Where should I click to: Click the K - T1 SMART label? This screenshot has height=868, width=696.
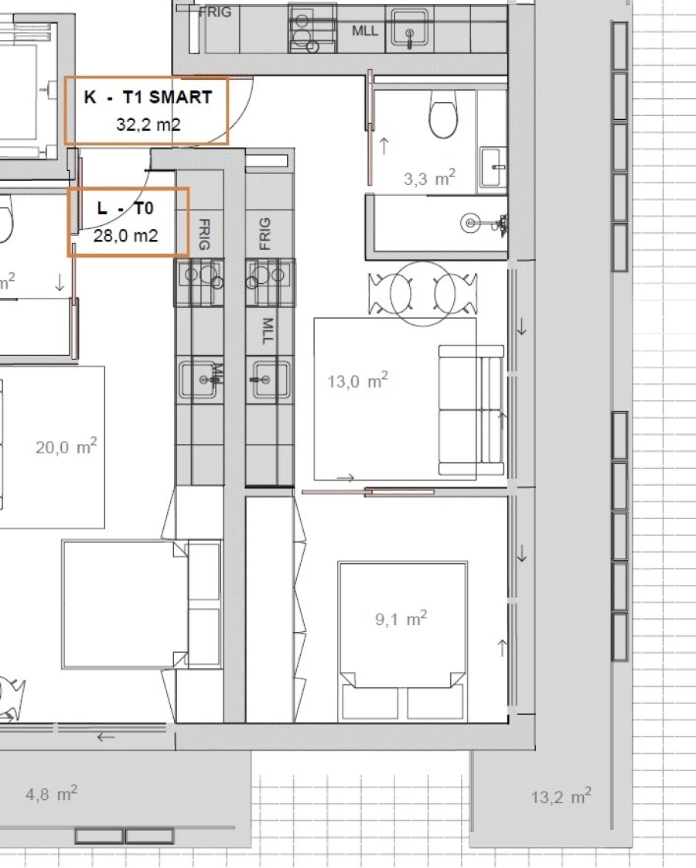pyautogui.click(x=148, y=97)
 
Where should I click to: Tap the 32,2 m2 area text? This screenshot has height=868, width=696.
pyautogui.click(x=148, y=125)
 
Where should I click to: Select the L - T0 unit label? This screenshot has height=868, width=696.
pyautogui.click(x=125, y=208)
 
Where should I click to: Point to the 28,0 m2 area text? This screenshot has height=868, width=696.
pyautogui.click(x=125, y=236)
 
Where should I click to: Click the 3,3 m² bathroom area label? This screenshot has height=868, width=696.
pyautogui.click(x=429, y=178)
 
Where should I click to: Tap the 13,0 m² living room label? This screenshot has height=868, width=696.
pyautogui.click(x=357, y=381)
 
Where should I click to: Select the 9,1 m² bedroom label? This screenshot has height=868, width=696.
pyautogui.click(x=401, y=618)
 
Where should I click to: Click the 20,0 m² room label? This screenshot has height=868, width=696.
pyautogui.click(x=66, y=446)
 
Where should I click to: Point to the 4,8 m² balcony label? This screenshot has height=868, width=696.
pyautogui.click(x=51, y=794)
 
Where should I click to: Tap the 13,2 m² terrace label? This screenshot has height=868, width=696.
pyautogui.click(x=561, y=797)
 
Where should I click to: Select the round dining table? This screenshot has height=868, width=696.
pyautogui.click(x=423, y=293)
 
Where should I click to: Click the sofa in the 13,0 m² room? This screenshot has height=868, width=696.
pyautogui.click(x=472, y=410)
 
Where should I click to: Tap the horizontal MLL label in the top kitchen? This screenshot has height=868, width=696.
pyautogui.click(x=364, y=30)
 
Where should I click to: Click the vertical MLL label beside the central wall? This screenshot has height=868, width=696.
pyautogui.click(x=268, y=331)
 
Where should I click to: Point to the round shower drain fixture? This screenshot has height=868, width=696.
pyautogui.click(x=470, y=223)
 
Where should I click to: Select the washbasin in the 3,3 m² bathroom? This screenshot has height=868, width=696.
pyautogui.click(x=493, y=166)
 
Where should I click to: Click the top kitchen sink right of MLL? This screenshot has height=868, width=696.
pyautogui.click(x=409, y=28)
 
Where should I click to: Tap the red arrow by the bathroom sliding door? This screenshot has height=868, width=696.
pyautogui.click(x=384, y=145)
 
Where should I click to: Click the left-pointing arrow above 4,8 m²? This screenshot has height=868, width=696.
pyautogui.click(x=106, y=736)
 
